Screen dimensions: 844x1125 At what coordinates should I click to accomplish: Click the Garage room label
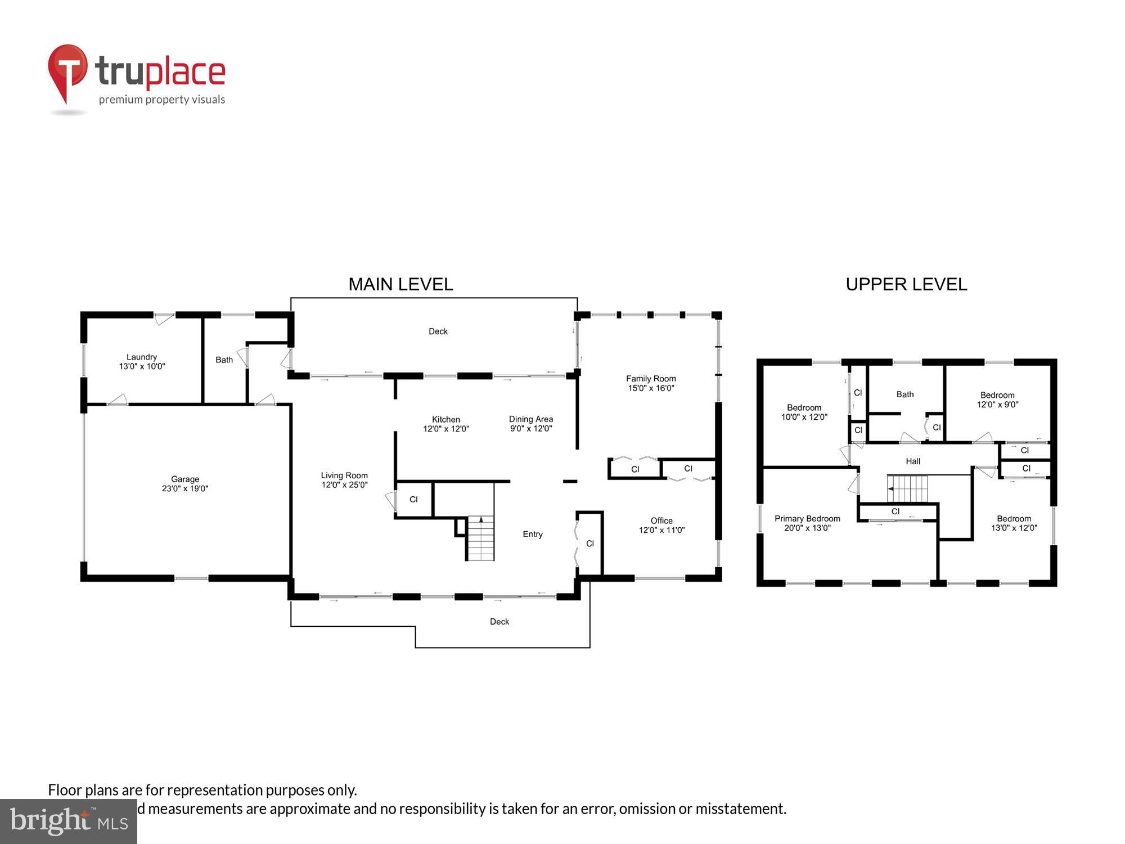coord(185,484)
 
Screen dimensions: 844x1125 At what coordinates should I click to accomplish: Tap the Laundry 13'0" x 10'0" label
coord(142,361)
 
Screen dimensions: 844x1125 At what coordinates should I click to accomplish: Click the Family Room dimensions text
coord(651,388)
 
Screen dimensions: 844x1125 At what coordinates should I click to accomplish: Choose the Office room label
coord(661,525)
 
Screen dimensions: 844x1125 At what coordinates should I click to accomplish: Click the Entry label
coord(533,534)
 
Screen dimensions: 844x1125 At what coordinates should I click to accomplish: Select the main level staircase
coord(480,538)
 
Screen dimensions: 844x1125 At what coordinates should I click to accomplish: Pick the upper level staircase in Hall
coord(907,488)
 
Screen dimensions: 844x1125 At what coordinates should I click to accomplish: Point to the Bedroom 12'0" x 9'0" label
coord(997,399)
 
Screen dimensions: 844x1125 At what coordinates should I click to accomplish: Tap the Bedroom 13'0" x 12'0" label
coord(1014,523)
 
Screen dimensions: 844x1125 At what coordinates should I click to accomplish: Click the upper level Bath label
coord(905,394)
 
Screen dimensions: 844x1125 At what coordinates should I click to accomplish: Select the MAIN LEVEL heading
coord(400,284)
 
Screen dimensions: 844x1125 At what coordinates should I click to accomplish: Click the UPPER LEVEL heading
coord(906,284)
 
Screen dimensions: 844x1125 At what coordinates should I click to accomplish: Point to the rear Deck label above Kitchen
coord(438,331)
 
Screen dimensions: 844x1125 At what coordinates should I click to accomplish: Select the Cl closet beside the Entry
coord(590,544)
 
